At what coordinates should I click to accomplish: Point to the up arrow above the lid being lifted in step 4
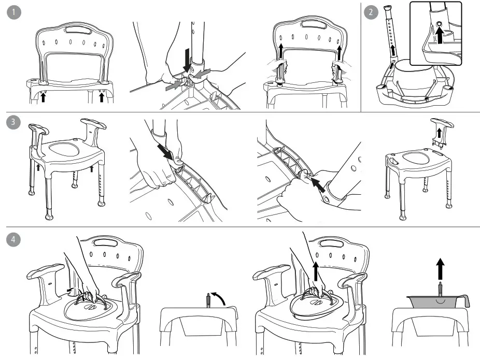315,270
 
